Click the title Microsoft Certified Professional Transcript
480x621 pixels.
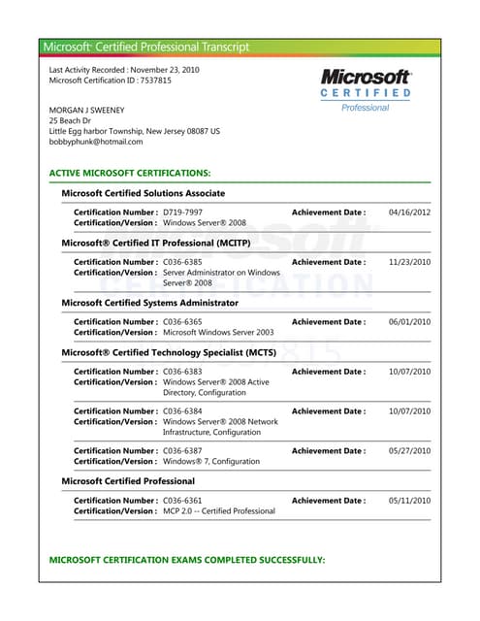[146, 47]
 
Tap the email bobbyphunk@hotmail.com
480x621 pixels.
[96, 142]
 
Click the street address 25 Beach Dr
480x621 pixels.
[73, 120]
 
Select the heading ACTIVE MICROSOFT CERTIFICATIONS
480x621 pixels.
[129, 172]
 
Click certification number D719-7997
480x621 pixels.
[182, 212]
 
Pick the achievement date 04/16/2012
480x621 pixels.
[409, 212]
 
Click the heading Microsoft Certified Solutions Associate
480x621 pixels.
[144, 193]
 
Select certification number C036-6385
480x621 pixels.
[182, 262]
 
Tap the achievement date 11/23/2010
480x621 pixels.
[409, 262]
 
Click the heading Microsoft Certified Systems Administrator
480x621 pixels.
[149, 302]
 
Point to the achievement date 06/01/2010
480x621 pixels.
[409, 321]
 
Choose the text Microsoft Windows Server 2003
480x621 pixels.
[218, 333]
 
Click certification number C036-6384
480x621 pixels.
[182, 411]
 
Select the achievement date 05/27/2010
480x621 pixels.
[409, 450]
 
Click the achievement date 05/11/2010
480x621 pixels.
[409, 501]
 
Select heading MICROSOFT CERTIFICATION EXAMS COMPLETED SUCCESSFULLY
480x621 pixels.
[186, 561]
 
